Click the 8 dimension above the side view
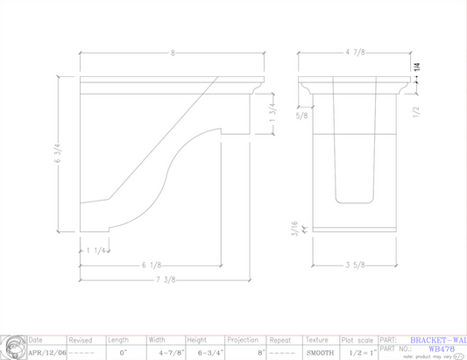pyautogui.click(x=173, y=54)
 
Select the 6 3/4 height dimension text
pyautogui.click(x=59, y=155)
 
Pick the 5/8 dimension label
pyautogui.click(x=302, y=115)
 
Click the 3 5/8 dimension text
pyautogui.click(x=355, y=265)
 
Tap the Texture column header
pyautogui.click(x=318, y=339)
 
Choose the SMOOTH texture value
pyautogui.click(x=319, y=352)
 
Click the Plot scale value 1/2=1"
pyautogui.click(x=359, y=352)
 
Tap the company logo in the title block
pyautogui.click(x=12, y=346)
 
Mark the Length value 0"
pyautogui.click(x=123, y=352)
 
